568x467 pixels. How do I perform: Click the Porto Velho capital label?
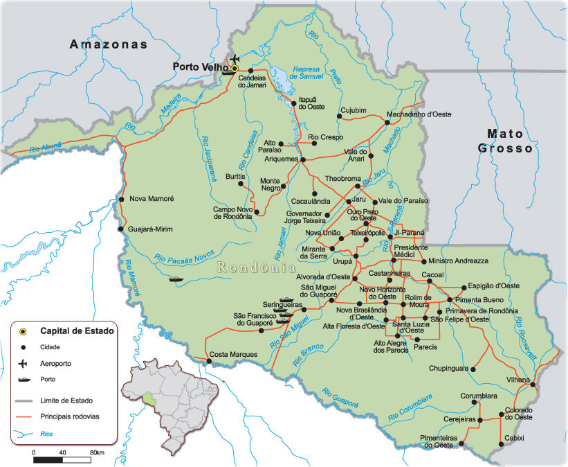200,68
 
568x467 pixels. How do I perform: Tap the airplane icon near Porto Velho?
235,58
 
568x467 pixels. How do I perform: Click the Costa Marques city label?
233,355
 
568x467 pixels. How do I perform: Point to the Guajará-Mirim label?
151,229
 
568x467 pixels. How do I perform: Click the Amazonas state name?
109,44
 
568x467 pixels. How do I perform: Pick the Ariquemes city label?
280,159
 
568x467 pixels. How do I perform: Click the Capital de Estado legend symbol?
23,331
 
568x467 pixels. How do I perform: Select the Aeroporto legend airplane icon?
23,363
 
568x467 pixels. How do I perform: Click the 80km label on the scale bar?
97,452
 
